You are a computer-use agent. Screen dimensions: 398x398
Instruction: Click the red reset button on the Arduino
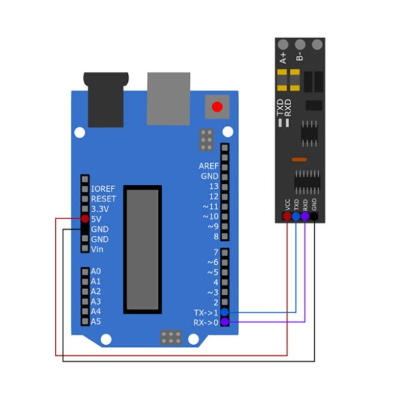[x=217, y=107]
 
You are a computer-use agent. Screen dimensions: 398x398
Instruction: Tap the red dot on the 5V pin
[x=85, y=218]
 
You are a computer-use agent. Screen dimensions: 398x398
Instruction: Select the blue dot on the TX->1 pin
[x=225, y=312]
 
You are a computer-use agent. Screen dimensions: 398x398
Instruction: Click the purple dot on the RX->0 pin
[x=225, y=322]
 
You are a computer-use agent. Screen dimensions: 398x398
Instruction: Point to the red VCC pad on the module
[x=287, y=216]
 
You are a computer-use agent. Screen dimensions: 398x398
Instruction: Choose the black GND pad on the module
[x=314, y=216]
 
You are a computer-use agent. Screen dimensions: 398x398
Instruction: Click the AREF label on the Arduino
[x=208, y=166]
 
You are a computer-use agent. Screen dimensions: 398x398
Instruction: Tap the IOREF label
[x=103, y=189]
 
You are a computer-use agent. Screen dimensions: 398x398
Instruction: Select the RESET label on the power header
[x=103, y=199]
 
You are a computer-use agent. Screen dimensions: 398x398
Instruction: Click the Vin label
[x=97, y=249]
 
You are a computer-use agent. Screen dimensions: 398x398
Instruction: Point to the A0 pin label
[x=96, y=271]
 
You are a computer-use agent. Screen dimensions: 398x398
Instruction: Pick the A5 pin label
[x=96, y=322]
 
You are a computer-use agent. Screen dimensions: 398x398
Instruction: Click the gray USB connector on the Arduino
[x=169, y=99]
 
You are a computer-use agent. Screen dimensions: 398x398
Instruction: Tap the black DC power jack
[x=106, y=100]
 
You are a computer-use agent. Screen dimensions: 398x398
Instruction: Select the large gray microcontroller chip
[x=142, y=250]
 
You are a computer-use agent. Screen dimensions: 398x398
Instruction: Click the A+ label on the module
[x=283, y=58]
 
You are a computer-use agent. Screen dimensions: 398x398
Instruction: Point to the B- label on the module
[x=300, y=56]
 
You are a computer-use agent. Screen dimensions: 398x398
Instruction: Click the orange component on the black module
[x=299, y=160]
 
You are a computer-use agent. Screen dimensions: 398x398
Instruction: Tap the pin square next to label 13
[x=225, y=187]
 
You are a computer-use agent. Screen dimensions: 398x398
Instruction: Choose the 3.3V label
[x=100, y=209]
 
